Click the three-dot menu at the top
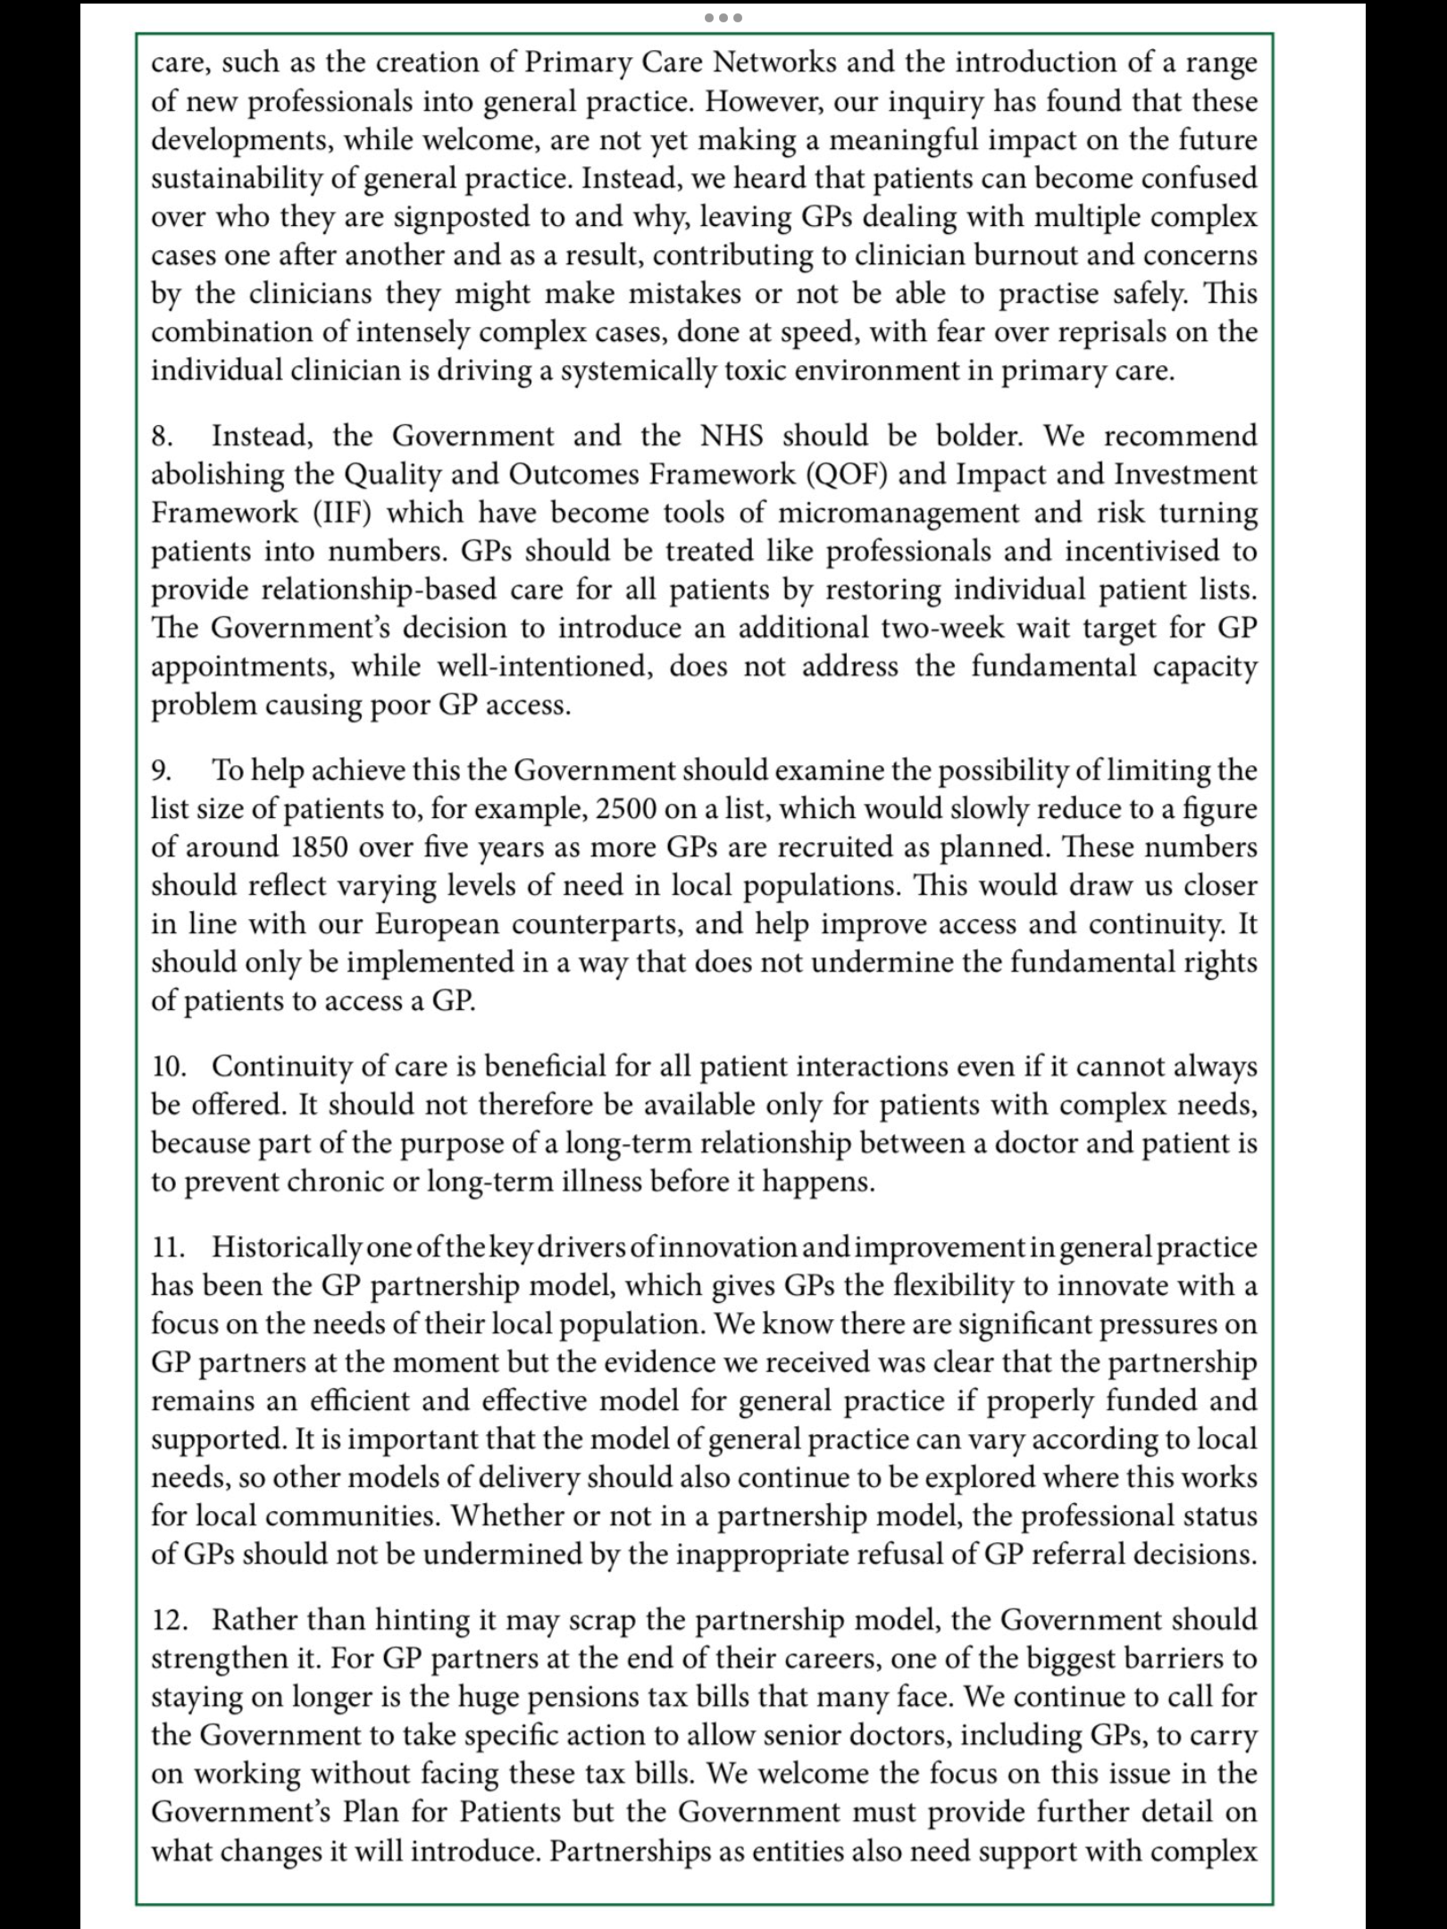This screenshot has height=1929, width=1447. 723,18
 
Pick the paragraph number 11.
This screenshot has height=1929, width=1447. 168,1248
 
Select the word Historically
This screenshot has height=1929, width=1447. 287,1248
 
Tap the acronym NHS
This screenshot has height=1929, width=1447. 732,436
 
